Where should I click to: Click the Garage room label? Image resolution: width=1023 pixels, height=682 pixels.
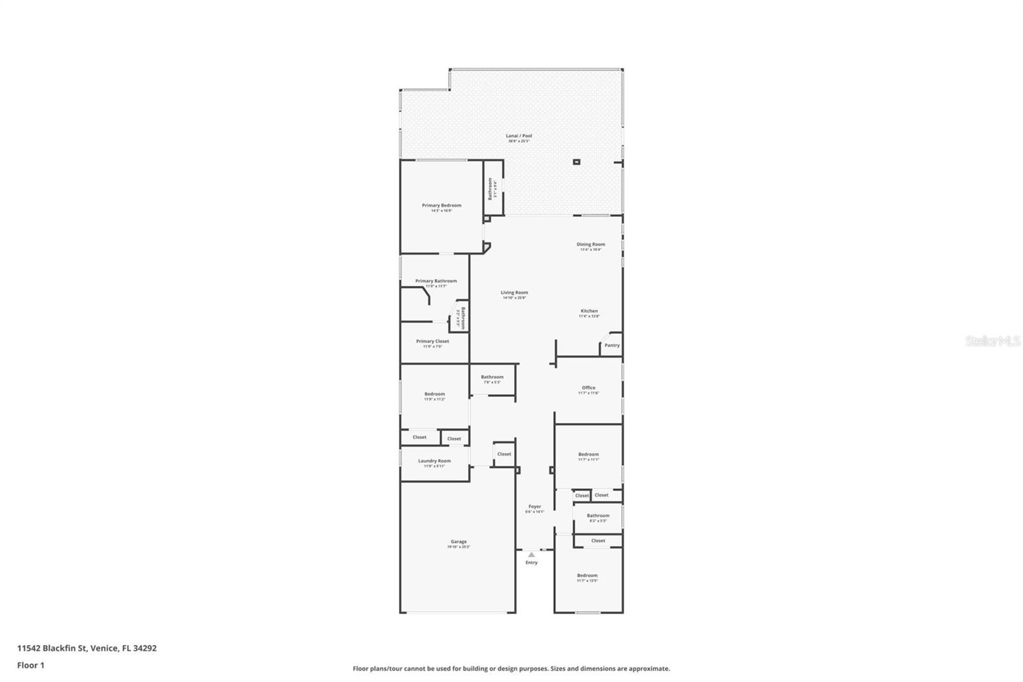(458, 541)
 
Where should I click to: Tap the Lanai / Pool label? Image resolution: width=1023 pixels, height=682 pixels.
(519, 136)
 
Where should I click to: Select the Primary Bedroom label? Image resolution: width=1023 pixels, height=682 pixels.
(441, 205)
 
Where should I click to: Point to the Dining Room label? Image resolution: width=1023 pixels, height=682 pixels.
(590, 244)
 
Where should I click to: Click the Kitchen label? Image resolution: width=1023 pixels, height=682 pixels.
(589, 311)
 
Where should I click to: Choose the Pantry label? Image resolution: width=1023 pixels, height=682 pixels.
(612, 345)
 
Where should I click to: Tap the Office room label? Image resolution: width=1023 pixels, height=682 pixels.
(588, 387)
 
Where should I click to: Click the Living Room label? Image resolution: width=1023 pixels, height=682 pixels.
(514, 292)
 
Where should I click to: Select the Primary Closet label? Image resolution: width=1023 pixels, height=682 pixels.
(432, 341)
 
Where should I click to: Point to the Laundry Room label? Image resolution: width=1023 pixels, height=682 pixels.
(434, 461)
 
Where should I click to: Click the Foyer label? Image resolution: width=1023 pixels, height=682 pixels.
(535, 506)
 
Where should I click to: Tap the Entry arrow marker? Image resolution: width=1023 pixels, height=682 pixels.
(531, 555)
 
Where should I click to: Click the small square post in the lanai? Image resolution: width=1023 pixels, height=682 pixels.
(576, 162)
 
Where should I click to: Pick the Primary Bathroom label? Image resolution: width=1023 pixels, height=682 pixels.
(436, 281)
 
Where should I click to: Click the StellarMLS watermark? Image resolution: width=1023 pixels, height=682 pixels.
(992, 342)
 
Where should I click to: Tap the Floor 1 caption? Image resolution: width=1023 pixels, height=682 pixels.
(31, 665)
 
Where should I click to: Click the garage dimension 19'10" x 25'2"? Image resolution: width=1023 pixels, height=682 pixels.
(458, 547)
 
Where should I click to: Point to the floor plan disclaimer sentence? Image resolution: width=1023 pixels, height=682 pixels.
(511, 669)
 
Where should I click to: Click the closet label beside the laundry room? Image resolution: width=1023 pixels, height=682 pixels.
(504, 454)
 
